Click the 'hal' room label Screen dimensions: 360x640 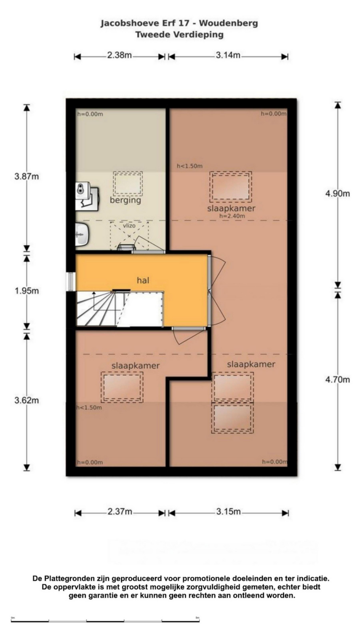click(x=143, y=280)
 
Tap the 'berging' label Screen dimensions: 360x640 click(x=125, y=200)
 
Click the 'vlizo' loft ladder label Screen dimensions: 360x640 click(x=129, y=226)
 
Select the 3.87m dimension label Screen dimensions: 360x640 click(x=27, y=176)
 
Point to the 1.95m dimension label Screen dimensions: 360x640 click(x=27, y=291)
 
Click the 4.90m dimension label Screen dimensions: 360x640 click(x=338, y=193)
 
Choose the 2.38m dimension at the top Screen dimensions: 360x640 click(x=119, y=55)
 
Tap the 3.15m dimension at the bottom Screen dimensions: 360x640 click(x=228, y=511)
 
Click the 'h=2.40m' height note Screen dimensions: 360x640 click(x=232, y=216)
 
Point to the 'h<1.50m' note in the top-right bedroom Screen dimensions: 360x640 click(x=190, y=166)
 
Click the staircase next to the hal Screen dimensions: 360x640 click(x=120, y=309)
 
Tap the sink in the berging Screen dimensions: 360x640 click(x=82, y=234)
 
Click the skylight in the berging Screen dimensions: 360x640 click(x=128, y=184)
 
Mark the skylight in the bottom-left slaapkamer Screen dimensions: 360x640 click(x=122, y=387)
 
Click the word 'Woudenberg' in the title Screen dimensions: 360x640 click(x=228, y=23)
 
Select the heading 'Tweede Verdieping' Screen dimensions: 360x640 click(x=179, y=35)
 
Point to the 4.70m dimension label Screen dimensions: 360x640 click(x=338, y=379)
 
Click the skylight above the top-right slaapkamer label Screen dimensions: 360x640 click(x=231, y=187)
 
